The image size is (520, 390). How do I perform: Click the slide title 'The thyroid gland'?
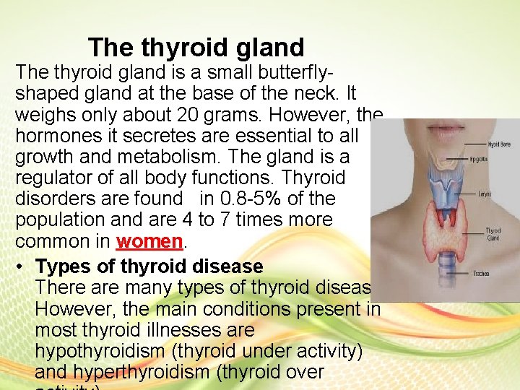196,48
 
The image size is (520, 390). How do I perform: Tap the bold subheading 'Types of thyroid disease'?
149,266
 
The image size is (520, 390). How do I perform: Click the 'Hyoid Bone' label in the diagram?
498,144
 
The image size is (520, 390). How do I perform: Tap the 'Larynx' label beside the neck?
485,194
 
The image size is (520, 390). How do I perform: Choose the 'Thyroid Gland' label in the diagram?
493,234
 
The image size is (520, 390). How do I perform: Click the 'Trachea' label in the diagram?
482,274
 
